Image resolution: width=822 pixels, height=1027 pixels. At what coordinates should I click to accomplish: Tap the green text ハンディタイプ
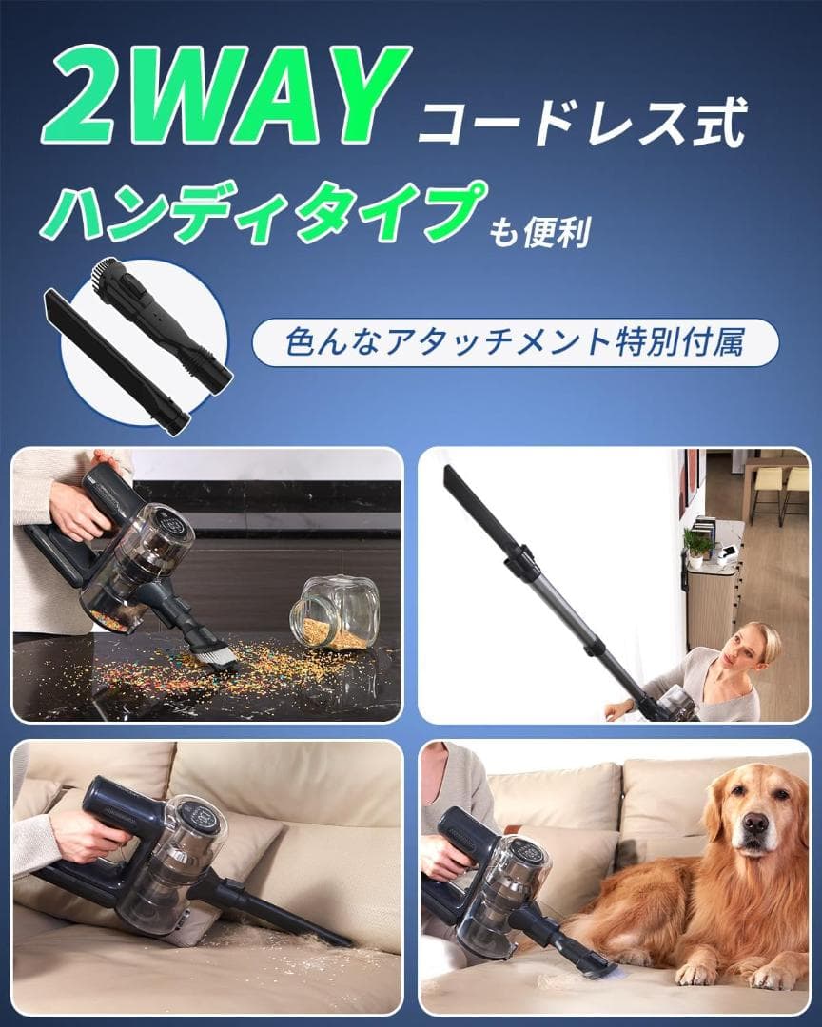[x=256, y=215]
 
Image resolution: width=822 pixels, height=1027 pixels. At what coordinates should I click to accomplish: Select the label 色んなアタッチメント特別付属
[x=515, y=342]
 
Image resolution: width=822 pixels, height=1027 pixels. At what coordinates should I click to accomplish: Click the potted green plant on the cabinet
[x=697, y=545]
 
